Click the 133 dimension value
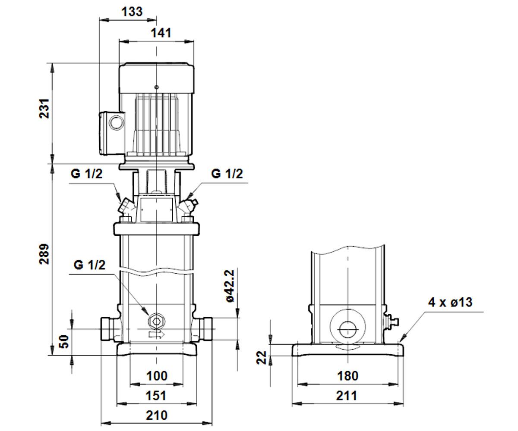(x=132, y=11)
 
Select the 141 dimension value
(x=161, y=33)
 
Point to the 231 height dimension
(x=44, y=109)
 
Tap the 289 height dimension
(x=44, y=254)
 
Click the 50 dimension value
(x=64, y=342)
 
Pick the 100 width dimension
(x=157, y=376)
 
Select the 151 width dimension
(x=156, y=395)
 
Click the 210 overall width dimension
(x=157, y=415)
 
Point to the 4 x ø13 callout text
(x=450, y=302)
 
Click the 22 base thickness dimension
(x=261, y=357)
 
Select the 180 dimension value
(x=347, y=376)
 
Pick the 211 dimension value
(x=347, y=396)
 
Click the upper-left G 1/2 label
(x=86, y=174)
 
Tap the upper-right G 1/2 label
(x=227, y=174)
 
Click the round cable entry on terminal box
(x=117, y=122)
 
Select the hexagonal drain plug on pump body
(x=156, y=322)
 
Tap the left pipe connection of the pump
(x=109, y=329)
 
